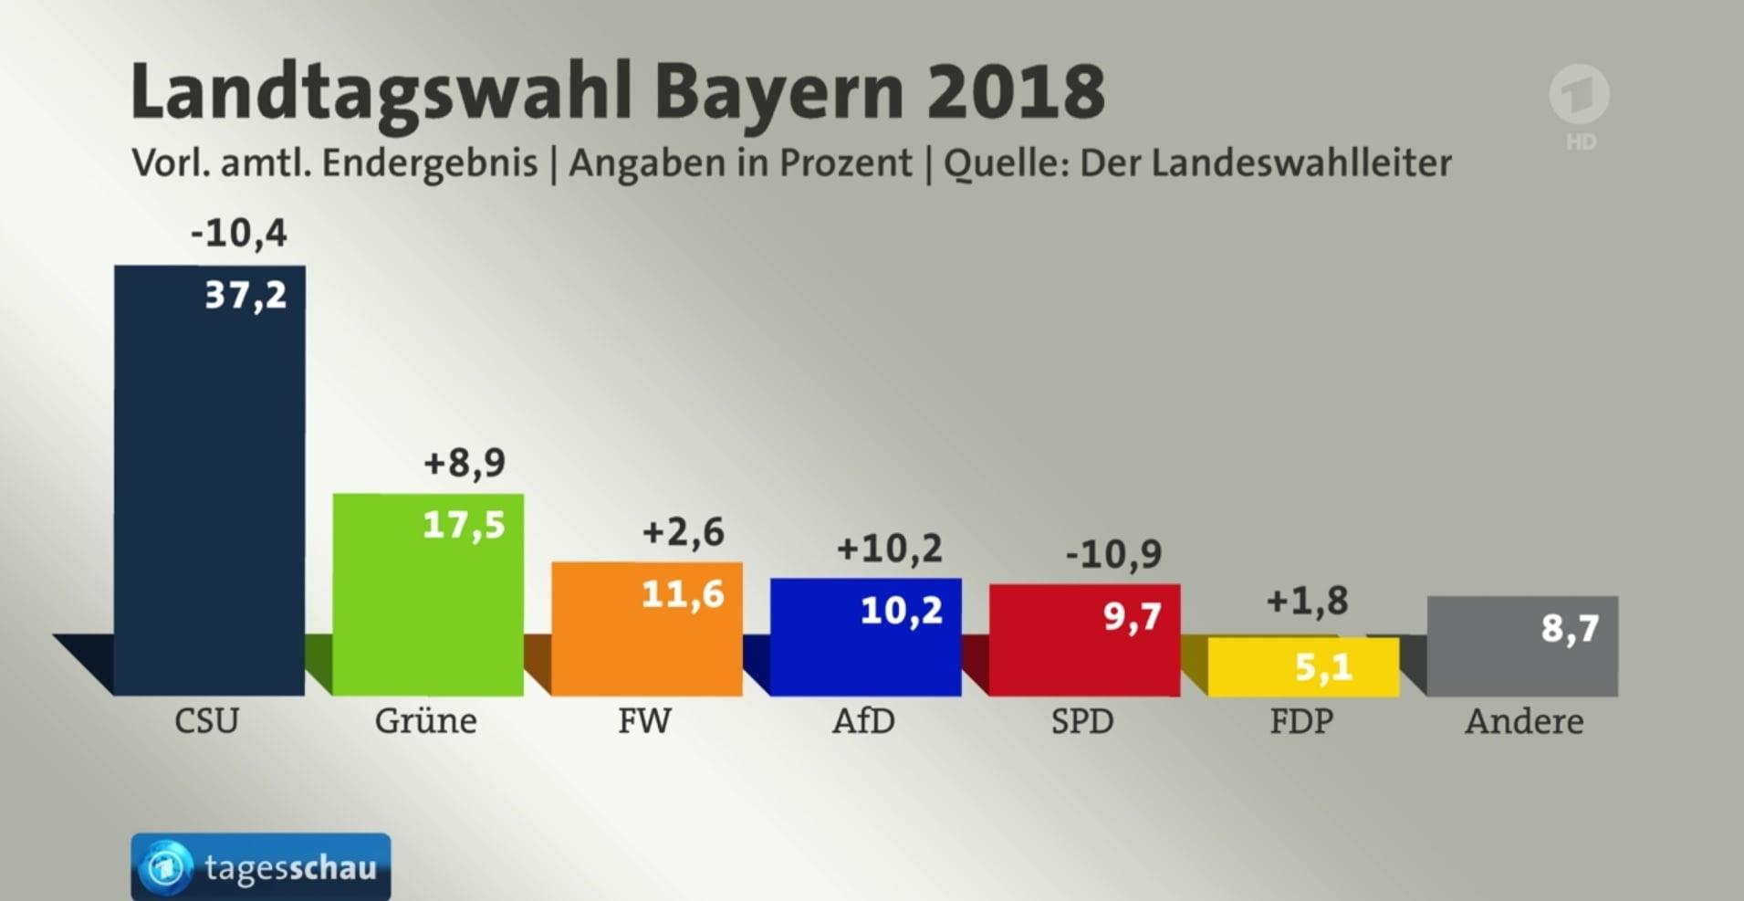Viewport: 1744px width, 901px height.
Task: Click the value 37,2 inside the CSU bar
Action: (x=245, y=295)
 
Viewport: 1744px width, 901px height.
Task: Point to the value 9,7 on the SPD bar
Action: (x=1132, y=617)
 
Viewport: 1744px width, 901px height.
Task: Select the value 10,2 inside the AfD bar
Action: (x=901, y=611)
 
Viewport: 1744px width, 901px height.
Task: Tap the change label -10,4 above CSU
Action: (x=238, y=233)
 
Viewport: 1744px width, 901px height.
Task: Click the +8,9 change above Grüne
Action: (x=464, y=463)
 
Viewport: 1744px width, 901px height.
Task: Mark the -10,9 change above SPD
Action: (x=1113, y=553)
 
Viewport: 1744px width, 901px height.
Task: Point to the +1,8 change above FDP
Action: (x=1307, y=601)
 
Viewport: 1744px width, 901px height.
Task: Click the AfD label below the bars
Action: (x=863, y=721)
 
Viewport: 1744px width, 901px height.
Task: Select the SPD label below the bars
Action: (x=1082, y=721)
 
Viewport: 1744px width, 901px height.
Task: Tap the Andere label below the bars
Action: (x=1524, y=721)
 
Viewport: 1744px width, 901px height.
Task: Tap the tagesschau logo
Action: (x=261, y=866)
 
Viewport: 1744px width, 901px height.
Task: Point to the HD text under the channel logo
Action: (x=1581, y=141)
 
